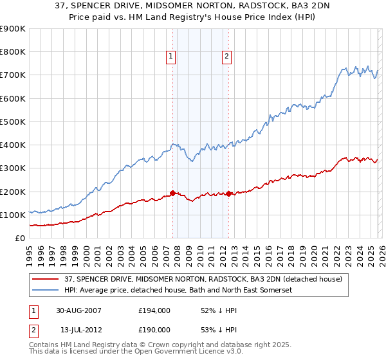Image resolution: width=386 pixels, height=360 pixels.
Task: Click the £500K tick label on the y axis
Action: click(x=13, y=122)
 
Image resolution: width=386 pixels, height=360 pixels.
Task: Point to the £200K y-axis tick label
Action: click(x=13, y=192)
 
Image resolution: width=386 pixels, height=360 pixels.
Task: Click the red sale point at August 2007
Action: click(x=173, y=193)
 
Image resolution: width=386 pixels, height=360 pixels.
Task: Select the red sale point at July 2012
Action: click(x=228, y=194)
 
